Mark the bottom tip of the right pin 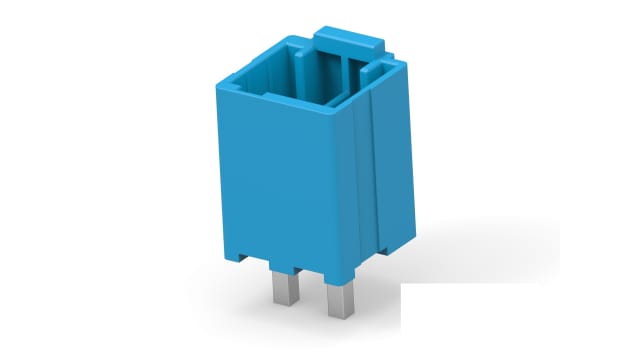pyautogui.click(x=338, y=315)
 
